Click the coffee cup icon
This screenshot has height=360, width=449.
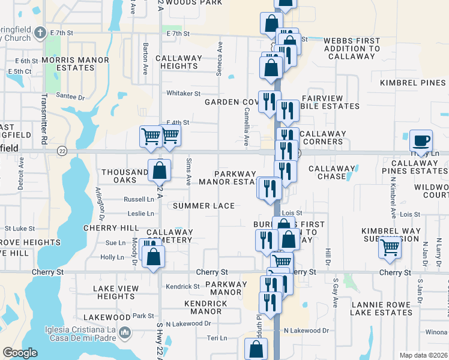[421, 142]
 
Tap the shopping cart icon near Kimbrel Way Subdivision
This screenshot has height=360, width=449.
[390, 247]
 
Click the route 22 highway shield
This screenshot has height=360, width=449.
[62, 150]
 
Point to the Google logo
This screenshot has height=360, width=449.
[20, 353]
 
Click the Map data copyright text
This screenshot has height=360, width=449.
[423, 355]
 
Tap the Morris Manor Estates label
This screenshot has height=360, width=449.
[68, 64]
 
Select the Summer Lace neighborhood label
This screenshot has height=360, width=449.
[204, 206]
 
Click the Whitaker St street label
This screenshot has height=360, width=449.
[183, 94]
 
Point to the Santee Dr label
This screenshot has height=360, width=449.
[70, 97]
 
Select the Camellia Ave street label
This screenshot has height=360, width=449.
[246, 131]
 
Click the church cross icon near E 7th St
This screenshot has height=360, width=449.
[40, 32]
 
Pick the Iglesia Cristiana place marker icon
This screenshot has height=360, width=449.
[124, 332]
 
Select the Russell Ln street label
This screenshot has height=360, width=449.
[139, 199]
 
